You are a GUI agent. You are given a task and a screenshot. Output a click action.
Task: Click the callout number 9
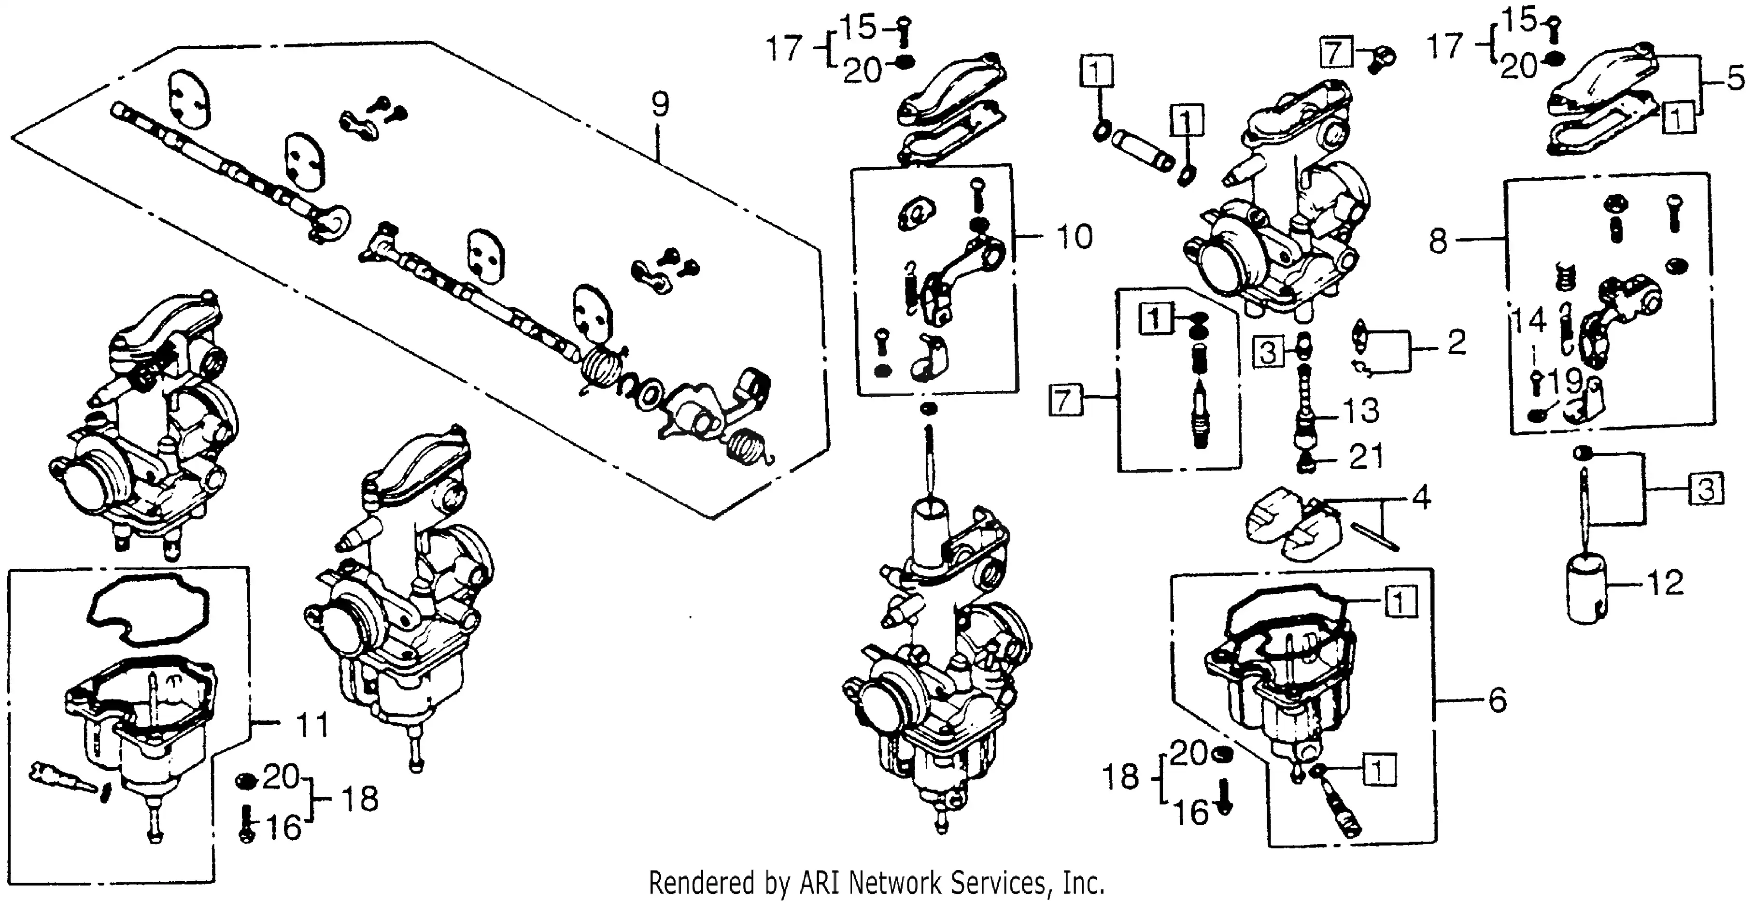coord(660,104)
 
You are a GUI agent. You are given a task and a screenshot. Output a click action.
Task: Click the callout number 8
coord(1437,241)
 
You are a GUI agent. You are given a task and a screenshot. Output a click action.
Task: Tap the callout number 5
coord(1736,80)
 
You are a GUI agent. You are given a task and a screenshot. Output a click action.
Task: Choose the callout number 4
coord(1421,499)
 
